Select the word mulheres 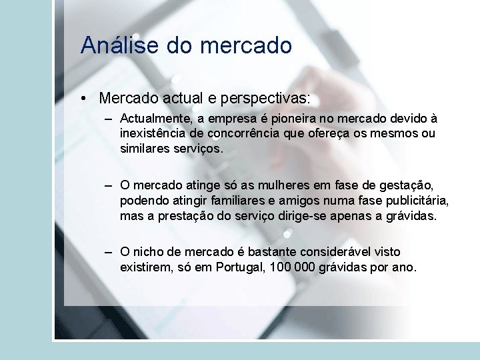(x=272, y=185)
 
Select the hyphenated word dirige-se (x=305, y=215)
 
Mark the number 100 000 (x=295, y=267)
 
